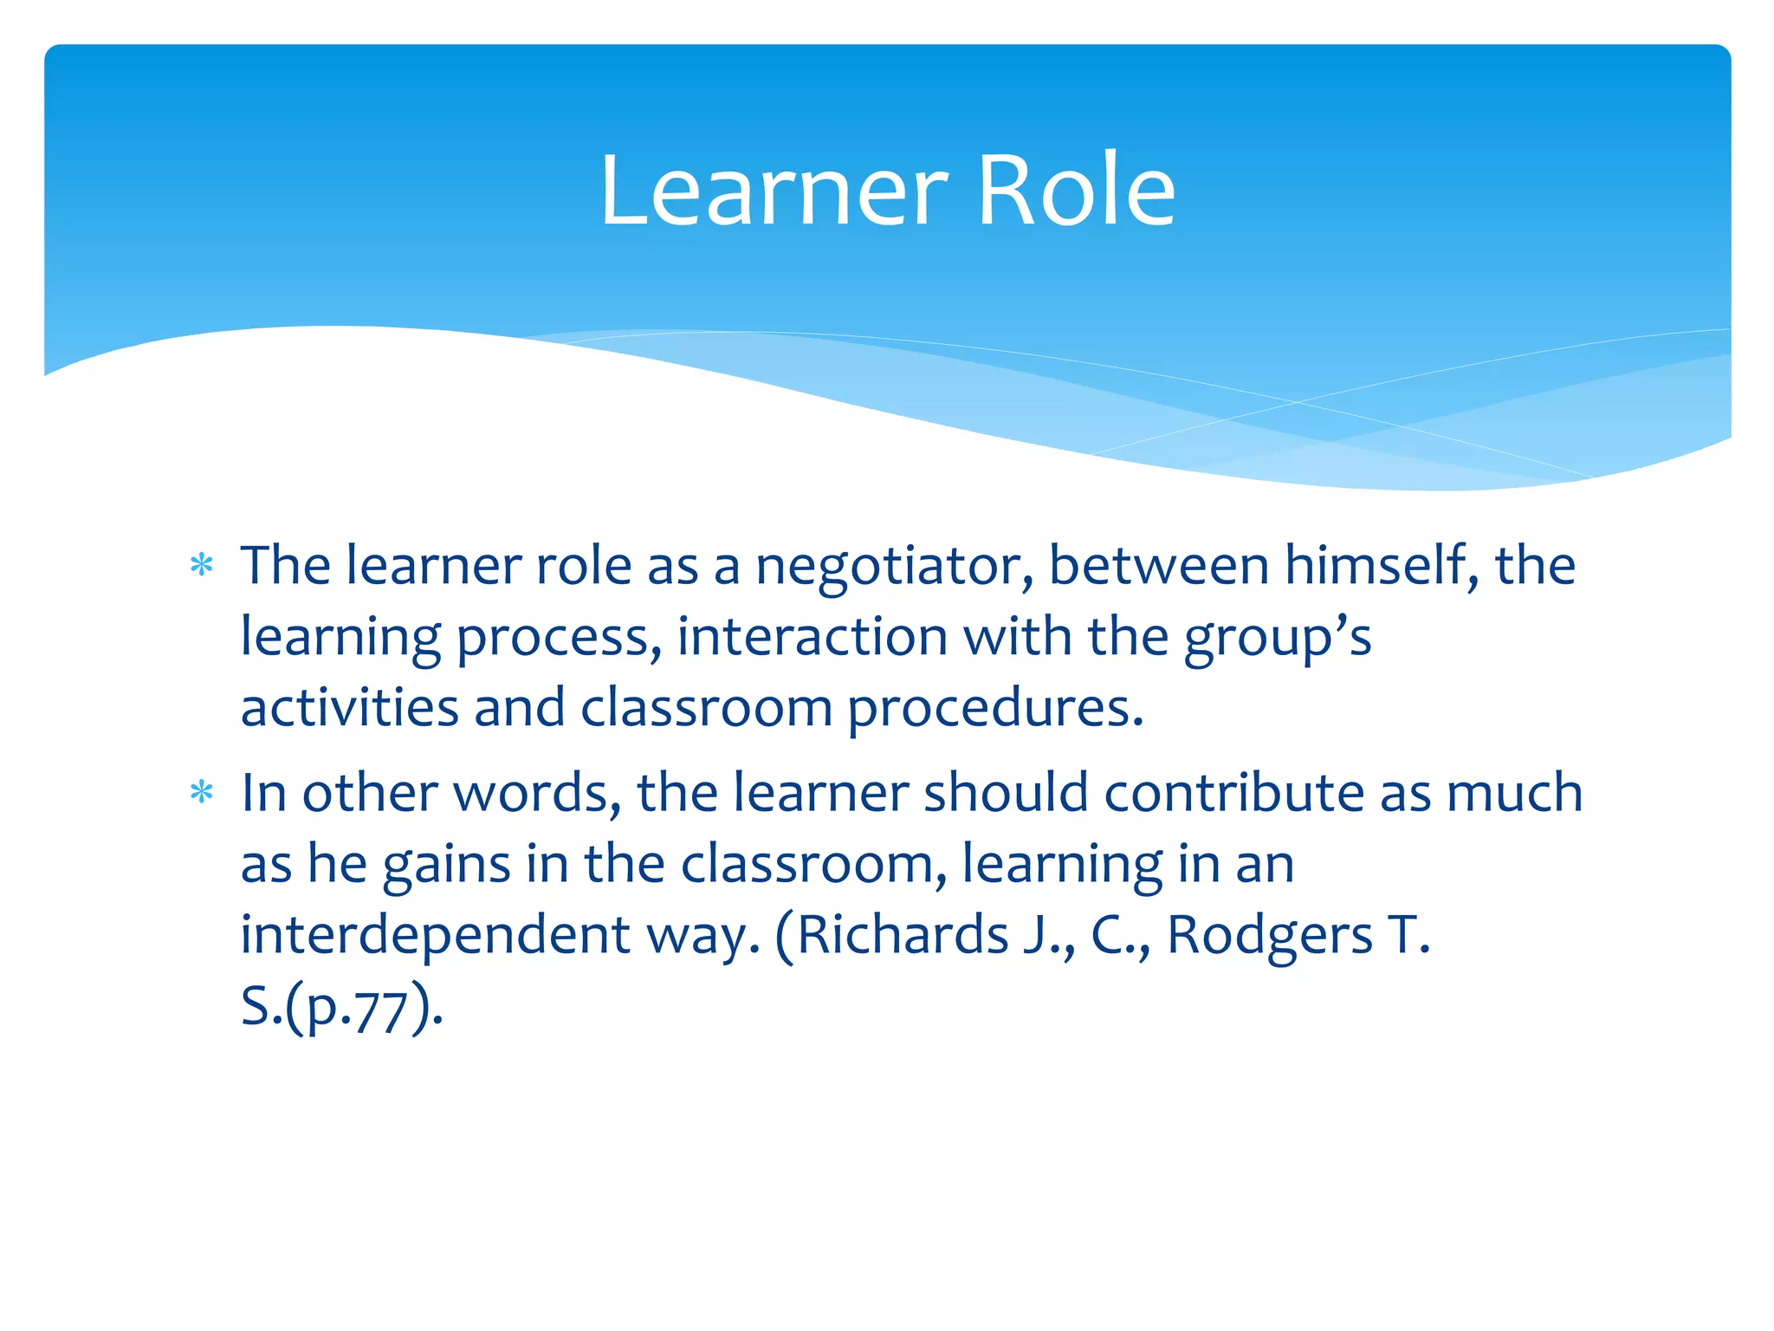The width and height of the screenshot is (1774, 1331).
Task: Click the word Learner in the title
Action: pyautogui.click(x=774, y=191)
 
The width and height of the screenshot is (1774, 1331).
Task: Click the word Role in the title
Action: pyautogui.click(x=1076, y=191)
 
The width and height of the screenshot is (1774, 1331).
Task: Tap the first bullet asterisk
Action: pyautogui.click(x=202, y=566)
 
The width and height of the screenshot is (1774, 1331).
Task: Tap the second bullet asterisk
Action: pyautogui.click(x=202, y=793)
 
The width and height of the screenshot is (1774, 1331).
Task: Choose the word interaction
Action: pyautogui.click(x=812, y=637)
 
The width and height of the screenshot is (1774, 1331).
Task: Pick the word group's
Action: pyautogui.click(x=1277, y=639)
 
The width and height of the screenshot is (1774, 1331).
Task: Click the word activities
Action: pyautogui.click(x=349, y=708)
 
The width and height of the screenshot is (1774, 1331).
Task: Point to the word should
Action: pyautogui.click(x=1005, y=793)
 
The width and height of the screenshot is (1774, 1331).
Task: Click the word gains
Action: pyautogui.click(x=446, y=866)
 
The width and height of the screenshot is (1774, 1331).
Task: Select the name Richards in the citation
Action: pyautogui.click(x=903, y=936)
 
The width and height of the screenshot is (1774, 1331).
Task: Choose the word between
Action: pyautogui.click(x=1158, y=566)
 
